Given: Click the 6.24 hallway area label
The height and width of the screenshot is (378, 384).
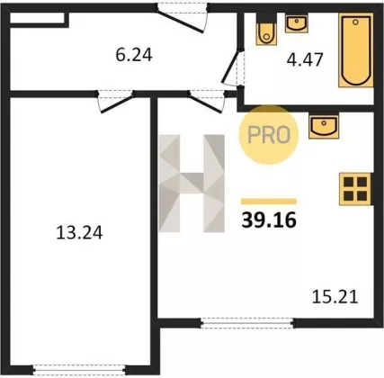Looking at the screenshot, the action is coord(134,56).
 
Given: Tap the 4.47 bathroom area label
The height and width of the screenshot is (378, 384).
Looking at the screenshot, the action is coord(305,59).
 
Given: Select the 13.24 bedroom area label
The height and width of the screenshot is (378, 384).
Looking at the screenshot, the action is coord(79,233).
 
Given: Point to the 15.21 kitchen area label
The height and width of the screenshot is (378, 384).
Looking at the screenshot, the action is coord(335,297).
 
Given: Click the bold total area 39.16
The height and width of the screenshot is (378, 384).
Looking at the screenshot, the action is coord(269,220).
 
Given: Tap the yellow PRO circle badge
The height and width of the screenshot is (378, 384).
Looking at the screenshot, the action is coord(269,134).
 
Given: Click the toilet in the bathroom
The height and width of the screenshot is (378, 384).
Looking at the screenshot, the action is coord(265,29).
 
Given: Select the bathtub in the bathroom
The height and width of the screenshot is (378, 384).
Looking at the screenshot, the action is coord(356,50).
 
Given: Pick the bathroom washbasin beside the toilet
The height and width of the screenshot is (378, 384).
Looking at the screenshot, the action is coord(297,23).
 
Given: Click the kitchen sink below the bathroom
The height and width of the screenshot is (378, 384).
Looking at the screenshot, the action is coord(324,126).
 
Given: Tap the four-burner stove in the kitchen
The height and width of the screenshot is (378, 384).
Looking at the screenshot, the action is coord(355,189).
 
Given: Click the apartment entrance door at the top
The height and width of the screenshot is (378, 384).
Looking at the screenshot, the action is coord(183,16).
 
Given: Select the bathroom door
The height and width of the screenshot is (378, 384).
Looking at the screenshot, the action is coord(234,68).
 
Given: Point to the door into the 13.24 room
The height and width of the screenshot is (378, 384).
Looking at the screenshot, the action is coord(115,101).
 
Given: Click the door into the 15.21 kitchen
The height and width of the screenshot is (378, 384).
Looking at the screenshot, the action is coord(207,101).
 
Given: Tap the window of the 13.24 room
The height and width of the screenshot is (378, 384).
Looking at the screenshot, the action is coord(80,369).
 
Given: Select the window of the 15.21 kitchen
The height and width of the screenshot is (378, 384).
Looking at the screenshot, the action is coord(247,323).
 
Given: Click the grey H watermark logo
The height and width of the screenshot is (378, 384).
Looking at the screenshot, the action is coord(192,184).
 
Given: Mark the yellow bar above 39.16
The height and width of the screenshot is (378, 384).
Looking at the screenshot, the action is coord(269,202).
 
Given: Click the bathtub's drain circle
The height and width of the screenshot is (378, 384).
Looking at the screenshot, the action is coord(356,22).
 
